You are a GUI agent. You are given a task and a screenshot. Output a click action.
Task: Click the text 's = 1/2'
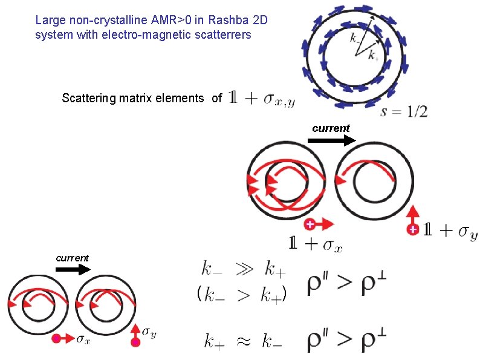tap(404, 111)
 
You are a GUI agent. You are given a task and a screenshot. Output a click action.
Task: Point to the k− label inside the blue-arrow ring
tap(357, 38)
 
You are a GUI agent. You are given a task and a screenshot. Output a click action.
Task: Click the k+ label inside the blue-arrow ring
tap(374, 57)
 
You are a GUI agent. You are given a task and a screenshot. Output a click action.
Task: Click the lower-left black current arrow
tap(72, 270)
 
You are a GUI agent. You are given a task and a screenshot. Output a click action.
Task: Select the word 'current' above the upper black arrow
tap(331, 128)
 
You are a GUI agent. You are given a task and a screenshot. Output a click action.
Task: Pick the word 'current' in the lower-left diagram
tap(72, 258)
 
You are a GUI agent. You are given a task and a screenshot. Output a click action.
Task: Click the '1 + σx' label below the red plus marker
tap(316, 244)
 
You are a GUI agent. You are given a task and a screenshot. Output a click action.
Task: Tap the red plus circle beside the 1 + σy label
tap(413, 229)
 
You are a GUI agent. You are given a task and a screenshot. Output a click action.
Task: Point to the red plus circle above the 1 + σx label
tap(310, 224)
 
